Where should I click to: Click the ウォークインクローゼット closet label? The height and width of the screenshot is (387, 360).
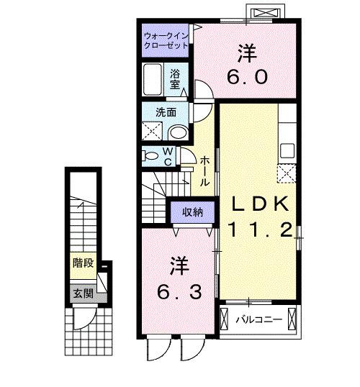[x=166, y=40]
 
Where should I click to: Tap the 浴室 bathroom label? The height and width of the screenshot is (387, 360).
[x=175, y=78]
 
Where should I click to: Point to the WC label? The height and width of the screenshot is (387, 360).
[x=166, y=155]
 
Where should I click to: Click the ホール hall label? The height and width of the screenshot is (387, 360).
[x=205, y=171]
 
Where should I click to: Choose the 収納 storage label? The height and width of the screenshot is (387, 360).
[x=192, y=211]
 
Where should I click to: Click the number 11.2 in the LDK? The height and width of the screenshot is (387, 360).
[x=259, y=230]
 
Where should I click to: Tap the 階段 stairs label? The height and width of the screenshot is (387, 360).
[x=82, y=263]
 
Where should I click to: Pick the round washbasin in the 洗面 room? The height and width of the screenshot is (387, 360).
[x=178, y=132]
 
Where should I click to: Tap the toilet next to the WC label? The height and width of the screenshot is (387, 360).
[x=150, y=155]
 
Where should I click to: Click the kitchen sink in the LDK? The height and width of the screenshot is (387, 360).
[x=287, y=152]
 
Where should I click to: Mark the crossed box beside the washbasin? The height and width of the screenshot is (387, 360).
[x=152, y=131]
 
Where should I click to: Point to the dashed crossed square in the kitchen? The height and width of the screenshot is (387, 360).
[x=286, y=173]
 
